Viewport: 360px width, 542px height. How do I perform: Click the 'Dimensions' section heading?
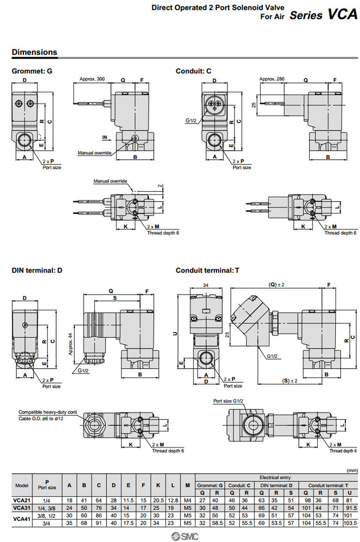pos(34,52)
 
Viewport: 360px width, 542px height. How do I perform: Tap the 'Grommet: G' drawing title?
pos(32,70)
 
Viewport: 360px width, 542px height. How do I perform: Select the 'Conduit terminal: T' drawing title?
pos(207,270)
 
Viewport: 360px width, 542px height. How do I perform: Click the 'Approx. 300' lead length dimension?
pos(93,79)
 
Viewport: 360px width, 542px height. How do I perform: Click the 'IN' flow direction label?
pos(104,137)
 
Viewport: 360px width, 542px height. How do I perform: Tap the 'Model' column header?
pos(22,485)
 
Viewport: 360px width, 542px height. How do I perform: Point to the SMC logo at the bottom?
pos(179,535)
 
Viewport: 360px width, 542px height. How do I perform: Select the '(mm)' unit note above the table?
pos(352,469)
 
